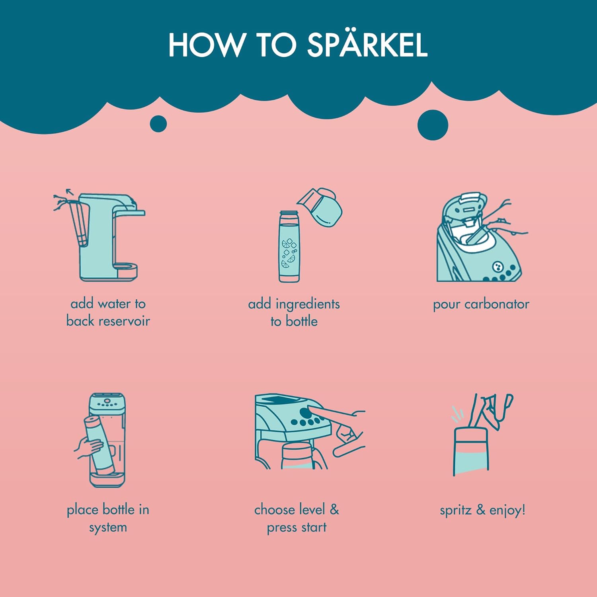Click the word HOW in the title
point(205,44)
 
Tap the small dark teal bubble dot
point(158,124)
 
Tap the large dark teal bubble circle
point(433,125)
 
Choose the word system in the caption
point(108,528)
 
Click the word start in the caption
point(314,527)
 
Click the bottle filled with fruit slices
point(289,247)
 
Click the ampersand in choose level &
point(334,509)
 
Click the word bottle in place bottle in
point(119,509)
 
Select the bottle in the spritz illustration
point(471,451)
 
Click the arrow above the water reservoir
point(70,192)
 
